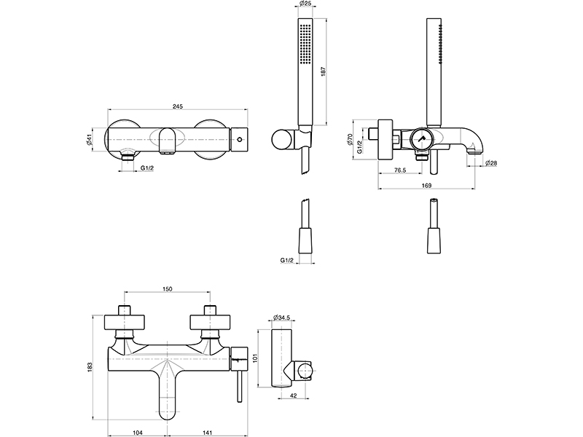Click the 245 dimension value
coord(177,106)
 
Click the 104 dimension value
coord(138,432)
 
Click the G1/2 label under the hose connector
coord(287,259)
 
